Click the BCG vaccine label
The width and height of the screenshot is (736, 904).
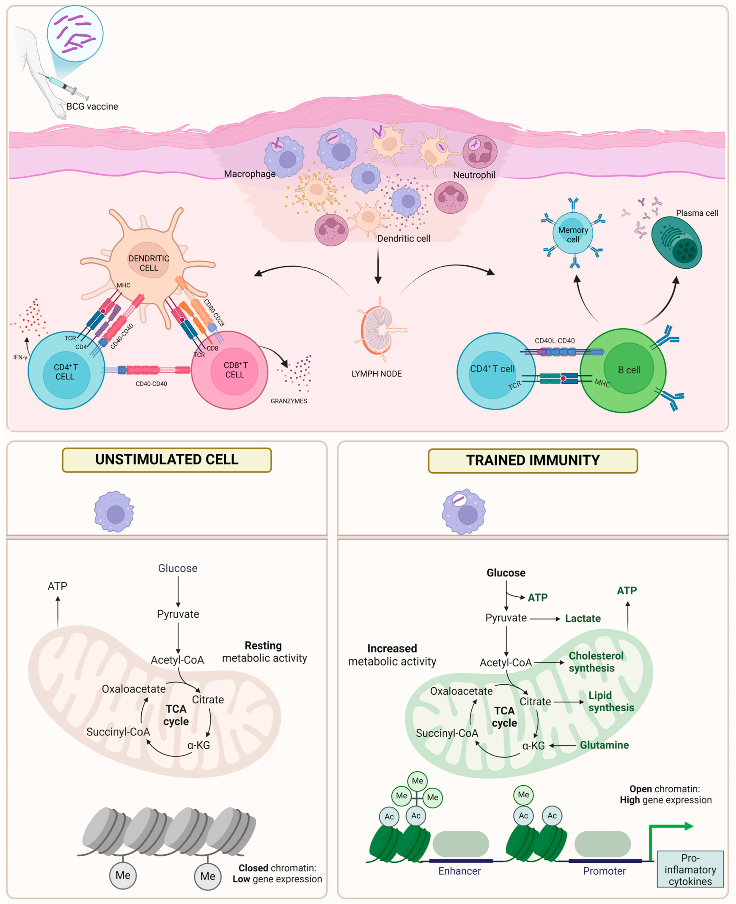(92, 106)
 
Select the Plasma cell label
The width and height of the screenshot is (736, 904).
(697, 213)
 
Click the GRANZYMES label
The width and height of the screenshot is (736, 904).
(289, 401)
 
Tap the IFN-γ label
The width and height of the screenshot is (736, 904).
(20, 358)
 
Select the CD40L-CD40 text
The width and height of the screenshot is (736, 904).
(555, 341)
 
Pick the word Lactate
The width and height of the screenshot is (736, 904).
(583, 619)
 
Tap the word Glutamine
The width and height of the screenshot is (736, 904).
(604, 745)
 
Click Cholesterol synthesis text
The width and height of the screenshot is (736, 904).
(596, 662)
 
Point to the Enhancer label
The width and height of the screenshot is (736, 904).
(459, 871)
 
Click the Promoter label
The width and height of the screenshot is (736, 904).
(604, 871)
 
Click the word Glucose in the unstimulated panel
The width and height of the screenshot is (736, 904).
(178, 568)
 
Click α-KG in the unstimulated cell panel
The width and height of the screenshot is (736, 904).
(199, 745)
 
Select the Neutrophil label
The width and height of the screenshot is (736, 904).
(474, 175)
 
